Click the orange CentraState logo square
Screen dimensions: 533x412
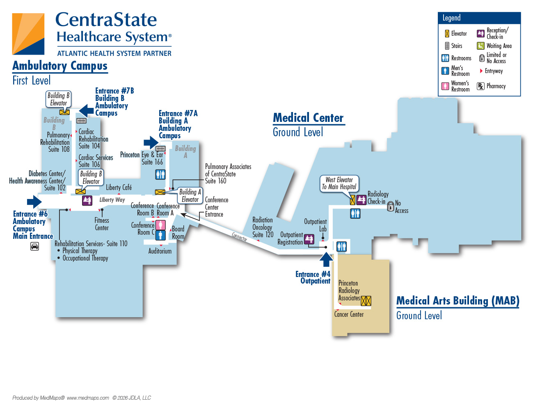(28, 34)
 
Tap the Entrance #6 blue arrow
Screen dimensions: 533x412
(34, 202)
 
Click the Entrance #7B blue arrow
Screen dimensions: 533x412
(86, 111)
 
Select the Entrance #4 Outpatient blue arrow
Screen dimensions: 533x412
(326, 259)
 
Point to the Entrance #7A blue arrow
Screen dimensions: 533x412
(151, 142)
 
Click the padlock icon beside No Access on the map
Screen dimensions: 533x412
(390, 206)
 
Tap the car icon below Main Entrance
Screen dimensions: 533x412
(34, 246)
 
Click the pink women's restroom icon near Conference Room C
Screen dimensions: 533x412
(160, 225)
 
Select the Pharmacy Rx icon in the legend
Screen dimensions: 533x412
(480, 86)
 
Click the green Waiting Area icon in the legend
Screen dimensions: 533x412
(480, 46)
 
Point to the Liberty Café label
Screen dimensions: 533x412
(119, 188)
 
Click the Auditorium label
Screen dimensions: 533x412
(160, 251)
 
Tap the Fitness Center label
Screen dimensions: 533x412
(102, 224)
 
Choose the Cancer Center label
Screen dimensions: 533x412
(349, 314)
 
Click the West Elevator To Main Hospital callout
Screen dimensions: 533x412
(339, 183)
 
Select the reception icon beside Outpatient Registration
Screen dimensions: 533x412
(309, 239)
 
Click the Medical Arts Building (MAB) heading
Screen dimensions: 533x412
(458, 301)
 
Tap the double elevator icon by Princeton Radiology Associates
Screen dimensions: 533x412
(366, 301)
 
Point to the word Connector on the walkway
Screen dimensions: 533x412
(239, 237)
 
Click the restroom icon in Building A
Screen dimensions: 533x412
(160, 175)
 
